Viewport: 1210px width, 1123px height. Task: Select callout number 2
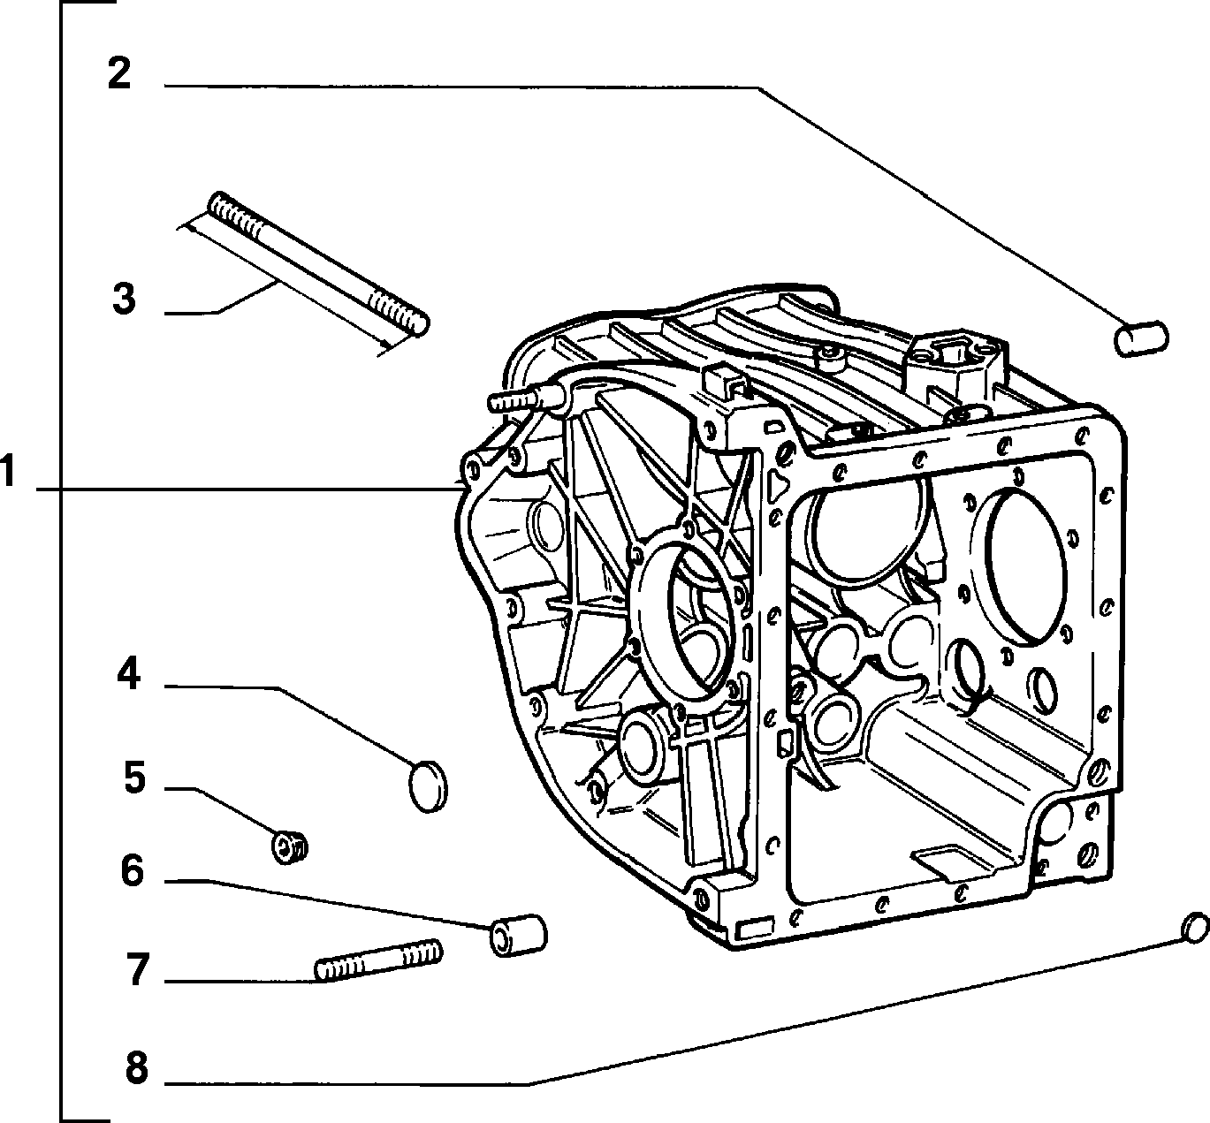pyautogui.click(x=119, y=73)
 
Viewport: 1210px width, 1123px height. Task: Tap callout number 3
pyautogui.click(x=125, y=298)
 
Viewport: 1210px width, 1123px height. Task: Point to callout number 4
pyautogui.click(x=128, y=672)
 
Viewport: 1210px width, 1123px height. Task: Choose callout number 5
pyautogui.click(x=134, y=778)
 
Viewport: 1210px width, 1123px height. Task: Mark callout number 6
pyautogui.click(x=133, y=870)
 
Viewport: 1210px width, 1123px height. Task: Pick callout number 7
pyautogui.click(x=137, y=969)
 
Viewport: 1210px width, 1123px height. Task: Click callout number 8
pyautogui.click(x=136, y=1067)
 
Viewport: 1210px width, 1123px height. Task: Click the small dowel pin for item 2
pyautogui.click(x=1141, y=338)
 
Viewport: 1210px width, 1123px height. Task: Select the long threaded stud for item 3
pyautogui.click(x=319, y=263)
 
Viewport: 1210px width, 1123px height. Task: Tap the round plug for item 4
pyautogui.click(x=428, y=786)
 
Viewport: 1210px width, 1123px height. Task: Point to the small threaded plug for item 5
pyautogui.click(x=289, y=847)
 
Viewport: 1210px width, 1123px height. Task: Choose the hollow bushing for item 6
pyautogui.click(x=518, y=936)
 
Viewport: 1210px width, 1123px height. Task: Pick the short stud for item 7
pyautogui.click(x=378, y=960)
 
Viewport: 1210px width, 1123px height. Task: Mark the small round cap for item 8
pyautogui.click(x=1195, y=928)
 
